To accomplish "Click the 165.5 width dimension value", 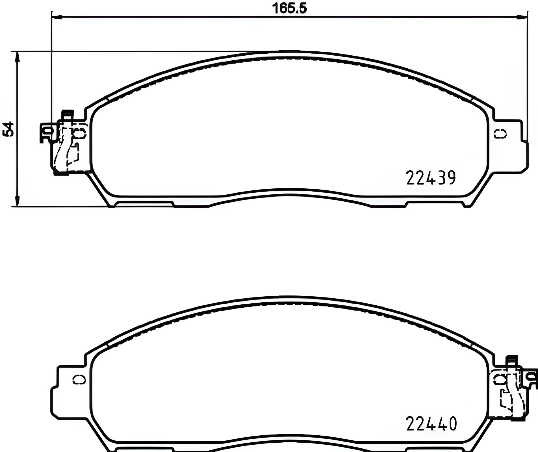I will click(289, 9).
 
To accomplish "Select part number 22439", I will click(431, 178).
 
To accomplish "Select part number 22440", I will click(431, 424).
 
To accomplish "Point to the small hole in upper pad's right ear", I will click(500, 134).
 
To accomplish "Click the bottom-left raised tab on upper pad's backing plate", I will click(144, 204).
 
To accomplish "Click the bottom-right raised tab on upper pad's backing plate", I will click(435, 204).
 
